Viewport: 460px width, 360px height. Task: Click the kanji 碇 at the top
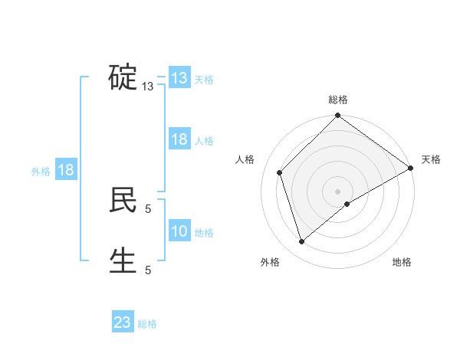point(123,77)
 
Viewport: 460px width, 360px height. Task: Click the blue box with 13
point(179,78)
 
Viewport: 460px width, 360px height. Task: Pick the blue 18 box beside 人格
point(179,139)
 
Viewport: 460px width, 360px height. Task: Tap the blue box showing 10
point(179,231)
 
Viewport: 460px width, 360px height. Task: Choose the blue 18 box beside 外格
point(66,170)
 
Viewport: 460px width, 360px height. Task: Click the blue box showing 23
point(123,322)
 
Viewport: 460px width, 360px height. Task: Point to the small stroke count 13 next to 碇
point(148,87)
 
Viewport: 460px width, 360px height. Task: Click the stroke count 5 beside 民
point(148,208)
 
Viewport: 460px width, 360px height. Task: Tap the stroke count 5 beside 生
point(148,270)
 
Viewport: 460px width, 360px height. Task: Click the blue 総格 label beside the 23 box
point(147,324)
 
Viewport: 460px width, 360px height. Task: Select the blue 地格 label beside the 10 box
point(204,233)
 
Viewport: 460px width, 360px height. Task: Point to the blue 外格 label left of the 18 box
point(41,172)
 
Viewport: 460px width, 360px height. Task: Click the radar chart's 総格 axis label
point(338,100)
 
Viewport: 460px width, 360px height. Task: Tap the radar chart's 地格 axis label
point(402,263)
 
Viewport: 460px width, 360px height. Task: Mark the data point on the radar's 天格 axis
point(411,168)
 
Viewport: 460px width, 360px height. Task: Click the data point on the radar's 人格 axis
point(280,172)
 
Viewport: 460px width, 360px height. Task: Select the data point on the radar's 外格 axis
point(302,241)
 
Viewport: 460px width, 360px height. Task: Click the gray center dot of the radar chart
point(338,191)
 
